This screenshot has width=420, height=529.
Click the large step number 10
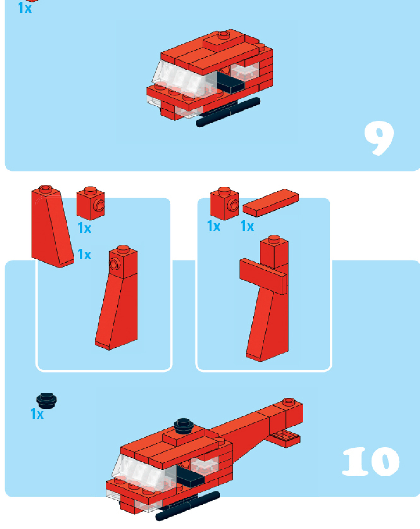[371, 461]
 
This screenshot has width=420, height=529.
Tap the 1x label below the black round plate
[37, 414]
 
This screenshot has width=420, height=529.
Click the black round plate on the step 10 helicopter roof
[183, 425]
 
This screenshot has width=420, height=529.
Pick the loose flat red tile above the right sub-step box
[271, 203]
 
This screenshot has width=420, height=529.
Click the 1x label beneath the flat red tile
[247, 226]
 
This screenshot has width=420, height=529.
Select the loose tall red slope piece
[52, 227]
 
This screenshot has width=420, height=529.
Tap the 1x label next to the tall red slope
[84, 255]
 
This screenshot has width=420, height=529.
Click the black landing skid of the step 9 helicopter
[228, 112]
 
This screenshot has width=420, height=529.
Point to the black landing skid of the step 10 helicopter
[188, 506]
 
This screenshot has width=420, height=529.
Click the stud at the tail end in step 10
[288, 401]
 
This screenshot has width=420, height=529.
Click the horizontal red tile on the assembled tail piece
[263, 276]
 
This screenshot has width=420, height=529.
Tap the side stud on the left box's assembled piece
[114, 264]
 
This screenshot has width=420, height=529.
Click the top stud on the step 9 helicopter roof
[224, 35]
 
